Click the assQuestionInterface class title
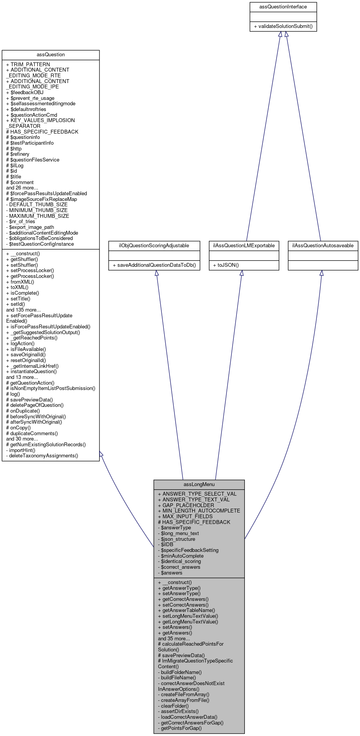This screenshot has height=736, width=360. pos(283,7)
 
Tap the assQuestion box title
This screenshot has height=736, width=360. pos(50,55)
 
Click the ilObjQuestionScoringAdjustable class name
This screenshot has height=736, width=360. pos(154,246)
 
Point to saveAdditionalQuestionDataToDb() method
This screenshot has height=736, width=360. pos(154,265)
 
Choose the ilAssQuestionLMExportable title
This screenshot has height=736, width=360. pos(244,246)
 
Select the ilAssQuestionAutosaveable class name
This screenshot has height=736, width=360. pos(323,246)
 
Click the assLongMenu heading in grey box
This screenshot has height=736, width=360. pos(199,485)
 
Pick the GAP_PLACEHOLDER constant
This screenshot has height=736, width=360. pos(186,505)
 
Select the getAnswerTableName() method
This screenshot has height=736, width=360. pos(186,610)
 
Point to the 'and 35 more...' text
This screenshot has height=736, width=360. pos(174,638)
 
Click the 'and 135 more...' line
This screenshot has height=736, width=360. pos(23,310)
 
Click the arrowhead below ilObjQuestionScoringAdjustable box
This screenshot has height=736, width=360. pos(156,273)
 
